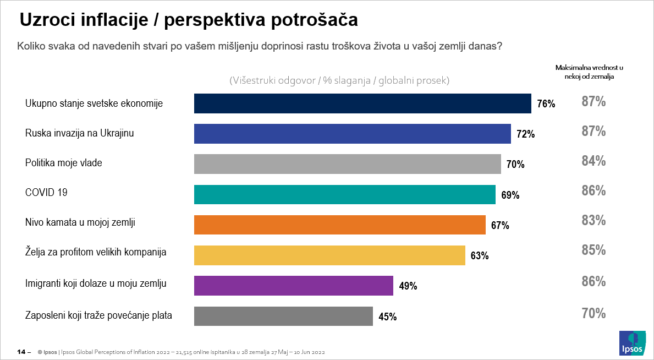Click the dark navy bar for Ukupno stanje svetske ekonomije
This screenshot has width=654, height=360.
[x=362, y=103]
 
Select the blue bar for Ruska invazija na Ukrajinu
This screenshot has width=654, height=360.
[x=353, y=134]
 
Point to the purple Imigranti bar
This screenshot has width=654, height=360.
[x=294, y=286]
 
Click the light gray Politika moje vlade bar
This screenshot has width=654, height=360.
[x=348, y=164]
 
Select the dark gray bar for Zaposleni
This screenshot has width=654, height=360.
[x=283, y=316]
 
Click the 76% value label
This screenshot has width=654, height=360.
[x=546, y=104]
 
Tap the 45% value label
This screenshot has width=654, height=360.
[x=387, y=317]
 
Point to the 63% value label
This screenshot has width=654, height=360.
[x=479, y=256]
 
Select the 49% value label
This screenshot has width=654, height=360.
[x=408, y=286]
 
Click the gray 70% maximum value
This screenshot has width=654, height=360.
[x=593, y=314]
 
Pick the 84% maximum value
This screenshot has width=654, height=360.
[x=593, y=161]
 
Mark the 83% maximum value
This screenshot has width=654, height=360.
[x=593, y=221]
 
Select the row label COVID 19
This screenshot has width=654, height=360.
[x=46, y=193]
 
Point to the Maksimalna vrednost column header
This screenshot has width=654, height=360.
[x=589, y=72]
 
